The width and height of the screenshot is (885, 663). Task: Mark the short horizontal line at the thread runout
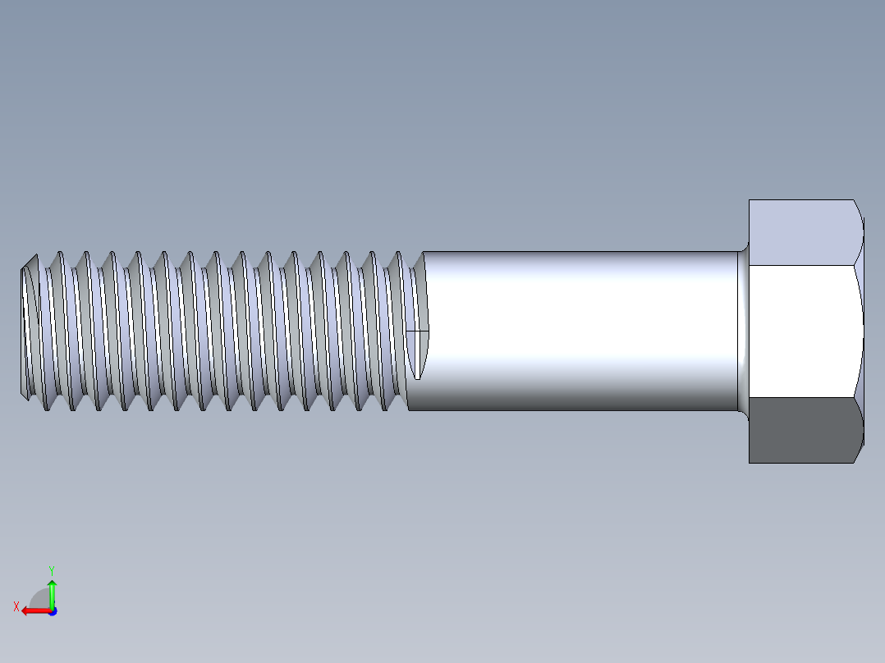(x=418, y=331)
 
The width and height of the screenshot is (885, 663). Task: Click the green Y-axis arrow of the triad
(x=52, y=592)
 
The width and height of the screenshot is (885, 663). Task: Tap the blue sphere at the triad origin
(x=52, y=610)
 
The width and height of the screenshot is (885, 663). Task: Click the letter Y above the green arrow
(x=51, y=569)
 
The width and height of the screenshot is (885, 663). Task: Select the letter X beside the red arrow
(x=16, y=606)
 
